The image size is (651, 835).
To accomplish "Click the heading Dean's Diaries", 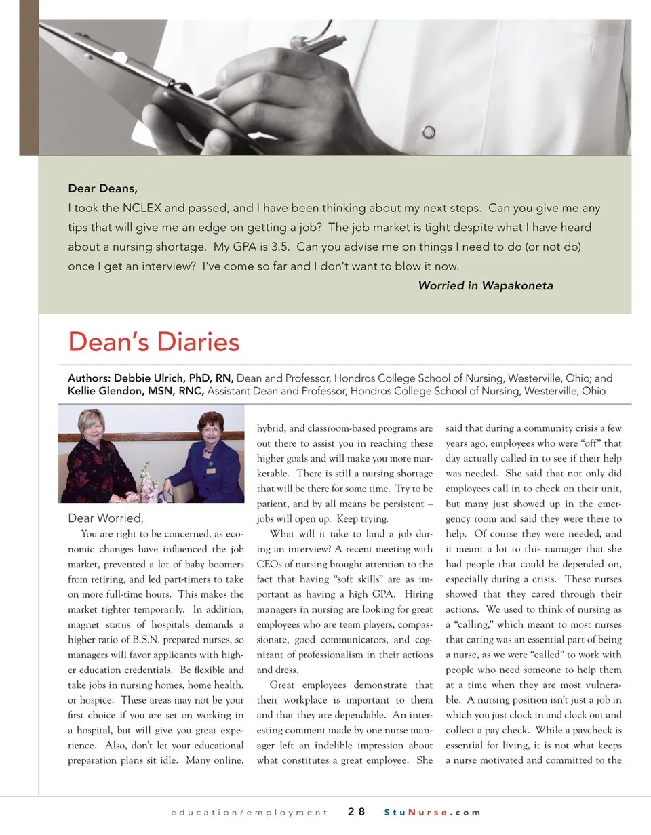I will [153, 342].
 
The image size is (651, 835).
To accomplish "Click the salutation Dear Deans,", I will [107, 188].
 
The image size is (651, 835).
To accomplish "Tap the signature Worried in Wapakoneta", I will [485, 285].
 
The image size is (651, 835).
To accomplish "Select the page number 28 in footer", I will [357, 811].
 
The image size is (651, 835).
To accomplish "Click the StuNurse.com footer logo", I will [432, 812].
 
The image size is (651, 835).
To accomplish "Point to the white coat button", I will [429, 131].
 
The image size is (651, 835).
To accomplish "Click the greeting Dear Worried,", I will [105, 518].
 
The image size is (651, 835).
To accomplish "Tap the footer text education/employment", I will [249, 812].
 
